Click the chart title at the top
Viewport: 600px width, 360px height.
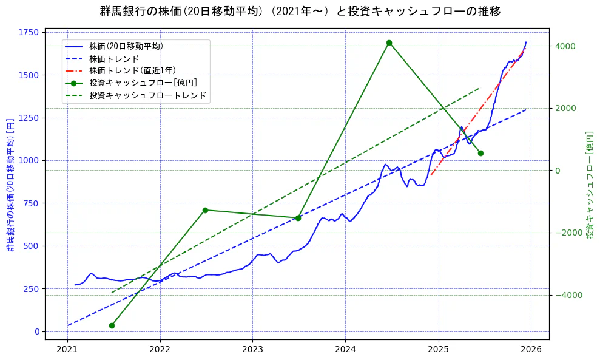click(300, 11)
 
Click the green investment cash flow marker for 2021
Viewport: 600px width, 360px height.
click(112, 325)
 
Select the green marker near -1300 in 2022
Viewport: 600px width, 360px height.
click(205, 210)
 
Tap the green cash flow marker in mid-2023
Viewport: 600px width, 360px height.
click(298, 218)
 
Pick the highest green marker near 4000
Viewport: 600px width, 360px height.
click(389, 42)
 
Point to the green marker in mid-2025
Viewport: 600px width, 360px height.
click(480, 153)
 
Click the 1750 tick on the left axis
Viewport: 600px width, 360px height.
click(29, 33)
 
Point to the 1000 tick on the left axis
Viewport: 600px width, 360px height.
click(29, 161)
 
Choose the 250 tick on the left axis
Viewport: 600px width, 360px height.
click(32, 289)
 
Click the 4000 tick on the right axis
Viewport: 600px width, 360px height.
click(564, 46)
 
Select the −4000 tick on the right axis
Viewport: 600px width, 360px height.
click(567, 295)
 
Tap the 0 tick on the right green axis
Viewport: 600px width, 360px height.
click(557, 171)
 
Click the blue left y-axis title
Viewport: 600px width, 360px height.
click(10, 185)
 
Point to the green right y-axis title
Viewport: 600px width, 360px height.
click(589, 185)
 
